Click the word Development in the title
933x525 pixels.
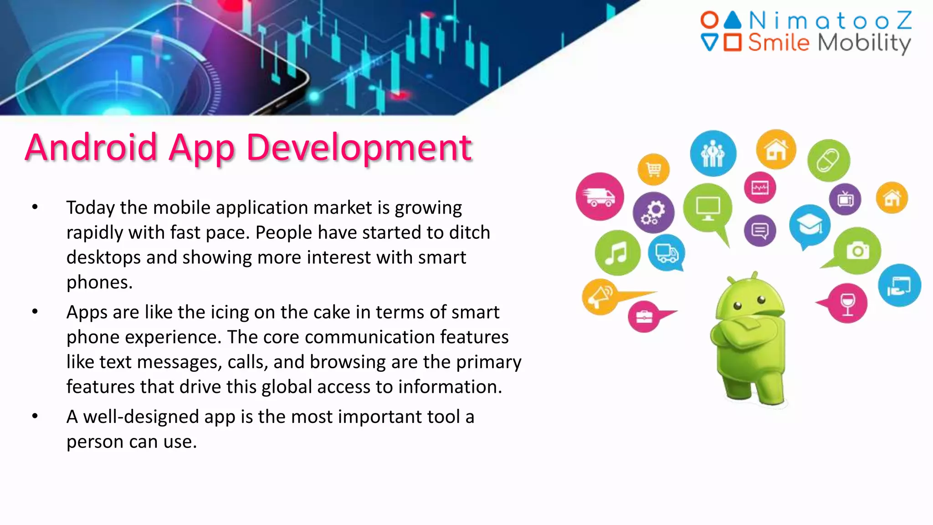tap(359, 148)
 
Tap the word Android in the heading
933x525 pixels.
tap(91, 148)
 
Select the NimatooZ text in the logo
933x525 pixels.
tap(830, 21)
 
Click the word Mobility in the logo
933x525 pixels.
tap(864, 43)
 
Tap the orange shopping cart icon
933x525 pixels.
tap(654, 170)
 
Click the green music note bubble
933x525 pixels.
tap(617, 253)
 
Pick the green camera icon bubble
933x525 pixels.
tap(857, 251)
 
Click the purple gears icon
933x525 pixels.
tap(653, 213)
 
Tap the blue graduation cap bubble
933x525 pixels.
tap(810, 225)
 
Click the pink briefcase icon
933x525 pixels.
tap(644, 316)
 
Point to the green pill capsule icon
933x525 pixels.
tap(828, 160)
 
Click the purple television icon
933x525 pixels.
tap(845, 199)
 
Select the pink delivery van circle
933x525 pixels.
tap(600, 196)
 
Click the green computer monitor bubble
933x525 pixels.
tap(707, 208)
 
